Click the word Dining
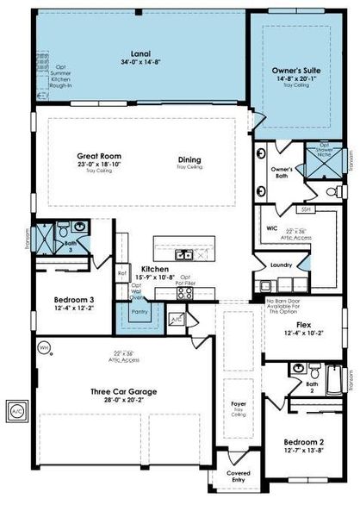pyautogui.click(x=189, y=159)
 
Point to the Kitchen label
pyautogui.click(x=154, y=269)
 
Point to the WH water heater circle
pyautogui.click(x=45, y=347)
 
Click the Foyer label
pyautogui.click(x=239, y=403)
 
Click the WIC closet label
pyautogui.click(x=269, y=230)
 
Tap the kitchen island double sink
pyautogui.click(x=184, y=254)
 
